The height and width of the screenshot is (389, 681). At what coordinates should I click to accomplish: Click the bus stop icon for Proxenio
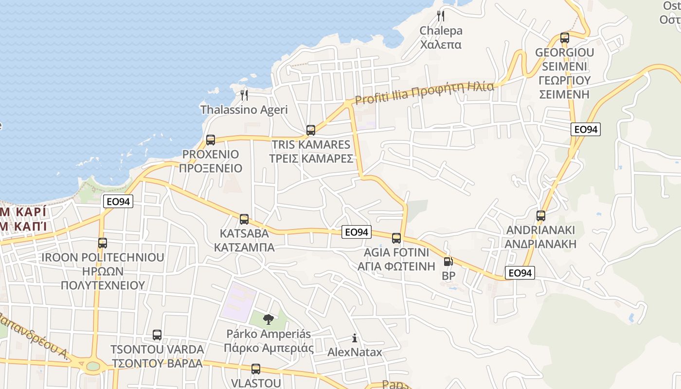point(211,140)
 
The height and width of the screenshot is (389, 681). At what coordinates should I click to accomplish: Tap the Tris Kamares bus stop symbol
point(311,130)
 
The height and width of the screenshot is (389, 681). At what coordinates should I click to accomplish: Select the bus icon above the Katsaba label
point(244,219)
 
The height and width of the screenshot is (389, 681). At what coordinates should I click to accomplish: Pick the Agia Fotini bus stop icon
point(396,238)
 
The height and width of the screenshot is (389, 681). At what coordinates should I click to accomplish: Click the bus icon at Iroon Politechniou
point(103,243)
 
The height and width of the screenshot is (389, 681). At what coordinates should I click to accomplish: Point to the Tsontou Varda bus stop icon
point(157,335)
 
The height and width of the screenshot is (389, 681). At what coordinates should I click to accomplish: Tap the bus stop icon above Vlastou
point(256,369)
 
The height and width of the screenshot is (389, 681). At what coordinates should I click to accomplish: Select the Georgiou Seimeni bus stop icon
point(565,38)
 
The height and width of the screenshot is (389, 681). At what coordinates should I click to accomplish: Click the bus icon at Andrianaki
point(541,216)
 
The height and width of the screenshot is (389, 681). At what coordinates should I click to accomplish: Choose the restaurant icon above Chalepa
point(441,16)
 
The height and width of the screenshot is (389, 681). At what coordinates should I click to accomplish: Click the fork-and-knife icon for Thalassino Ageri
point(244,95)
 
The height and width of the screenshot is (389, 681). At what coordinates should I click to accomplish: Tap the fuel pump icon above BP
point(448,262)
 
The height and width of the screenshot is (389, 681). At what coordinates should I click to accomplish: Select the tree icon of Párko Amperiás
point(268,319)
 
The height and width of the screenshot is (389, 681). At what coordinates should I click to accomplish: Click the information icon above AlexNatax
point(355,338)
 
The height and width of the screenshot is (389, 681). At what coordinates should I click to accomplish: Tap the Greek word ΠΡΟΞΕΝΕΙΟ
point(210,169)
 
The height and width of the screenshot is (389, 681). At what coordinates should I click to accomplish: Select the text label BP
point(448,276)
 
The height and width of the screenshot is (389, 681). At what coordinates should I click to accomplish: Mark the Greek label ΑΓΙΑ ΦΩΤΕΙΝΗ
point(396,266)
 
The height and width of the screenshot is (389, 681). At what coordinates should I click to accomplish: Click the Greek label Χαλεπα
point(441,45)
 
